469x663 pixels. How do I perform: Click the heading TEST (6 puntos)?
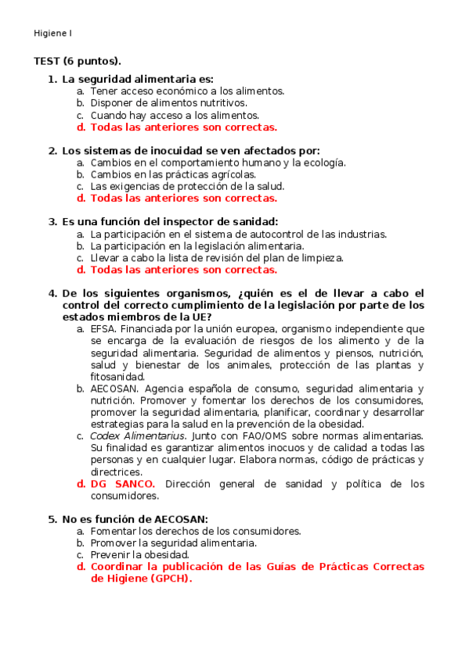tap(78, 61)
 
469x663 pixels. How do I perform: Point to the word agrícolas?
tap(228, 174)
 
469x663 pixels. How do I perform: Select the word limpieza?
tap(321, 257)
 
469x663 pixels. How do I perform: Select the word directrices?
tap(116, 471)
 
